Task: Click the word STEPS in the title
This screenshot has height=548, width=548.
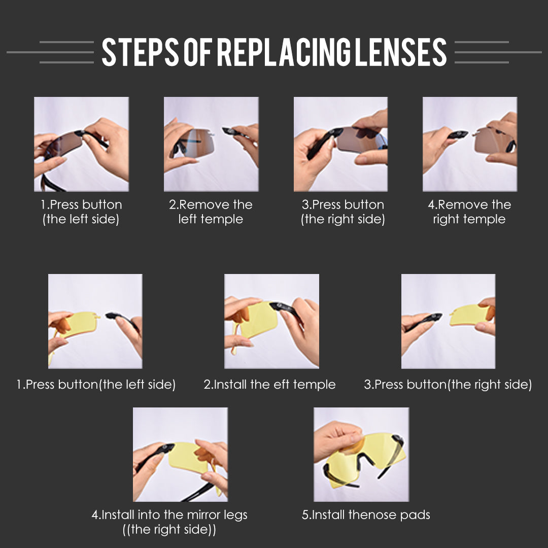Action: pos(140,52)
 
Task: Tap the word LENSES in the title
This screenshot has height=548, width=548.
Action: pos(401,52)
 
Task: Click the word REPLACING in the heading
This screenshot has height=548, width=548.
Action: pos(284,52)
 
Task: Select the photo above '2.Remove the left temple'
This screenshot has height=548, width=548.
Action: pos(211,144)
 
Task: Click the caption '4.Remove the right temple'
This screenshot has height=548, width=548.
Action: pos(469,212)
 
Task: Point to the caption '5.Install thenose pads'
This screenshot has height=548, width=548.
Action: pos(366,515)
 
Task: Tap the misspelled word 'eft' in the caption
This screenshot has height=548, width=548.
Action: pos(282,385)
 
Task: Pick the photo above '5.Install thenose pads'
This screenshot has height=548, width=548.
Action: pos(361,454)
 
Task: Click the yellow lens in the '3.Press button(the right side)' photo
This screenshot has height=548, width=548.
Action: pos(468,315)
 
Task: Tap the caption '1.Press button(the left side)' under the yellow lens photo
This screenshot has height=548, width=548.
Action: pos(96,385)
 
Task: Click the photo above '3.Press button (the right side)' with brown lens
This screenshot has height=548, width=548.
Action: pos(341,144)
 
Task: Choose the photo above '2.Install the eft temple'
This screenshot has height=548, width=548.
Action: pos(271,321)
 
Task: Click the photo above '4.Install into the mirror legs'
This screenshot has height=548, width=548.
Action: pos(180,454)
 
